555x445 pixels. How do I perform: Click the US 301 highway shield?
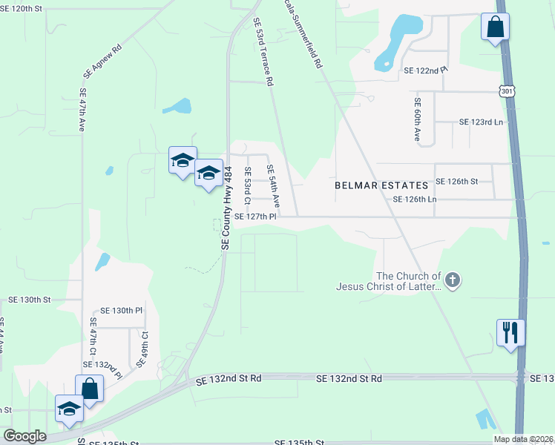pyautogui.click(x=506, y=90)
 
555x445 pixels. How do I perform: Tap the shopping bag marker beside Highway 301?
pyautogui.click(x=494, y=27)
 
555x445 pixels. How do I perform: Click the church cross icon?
pyautogui.click(x=453, y=280)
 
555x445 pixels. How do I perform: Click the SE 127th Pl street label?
pyautogui.click(x=255, y=217)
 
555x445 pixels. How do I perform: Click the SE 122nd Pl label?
pyautogui.click(x=426, y=69)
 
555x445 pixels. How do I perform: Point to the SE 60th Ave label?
pyautogui.click(x=418, y=119)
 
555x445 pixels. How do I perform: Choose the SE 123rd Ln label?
pyautogui.click(x=481, y=122)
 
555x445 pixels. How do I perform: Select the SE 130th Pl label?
pyautogui.click(x=120, y=310)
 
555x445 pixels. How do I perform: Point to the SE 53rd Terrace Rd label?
pyautogui.click(x=263, y=51)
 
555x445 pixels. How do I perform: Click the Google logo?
pyautogui.click(x=24, y=436)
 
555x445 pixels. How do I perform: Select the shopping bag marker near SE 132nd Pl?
pyautogui.click(x=90, y=388)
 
